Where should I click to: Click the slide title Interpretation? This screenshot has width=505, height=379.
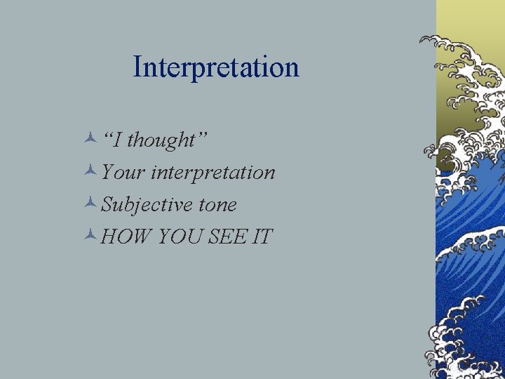216,67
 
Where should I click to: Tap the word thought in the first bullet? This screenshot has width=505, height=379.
160,140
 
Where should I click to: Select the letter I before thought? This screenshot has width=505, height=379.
119,140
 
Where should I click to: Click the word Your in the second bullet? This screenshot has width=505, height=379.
123,172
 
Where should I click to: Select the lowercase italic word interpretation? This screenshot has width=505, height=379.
213,173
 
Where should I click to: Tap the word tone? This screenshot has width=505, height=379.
217,205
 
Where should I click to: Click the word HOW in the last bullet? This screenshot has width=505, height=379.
127,237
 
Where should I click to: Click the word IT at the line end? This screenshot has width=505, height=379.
262,237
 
